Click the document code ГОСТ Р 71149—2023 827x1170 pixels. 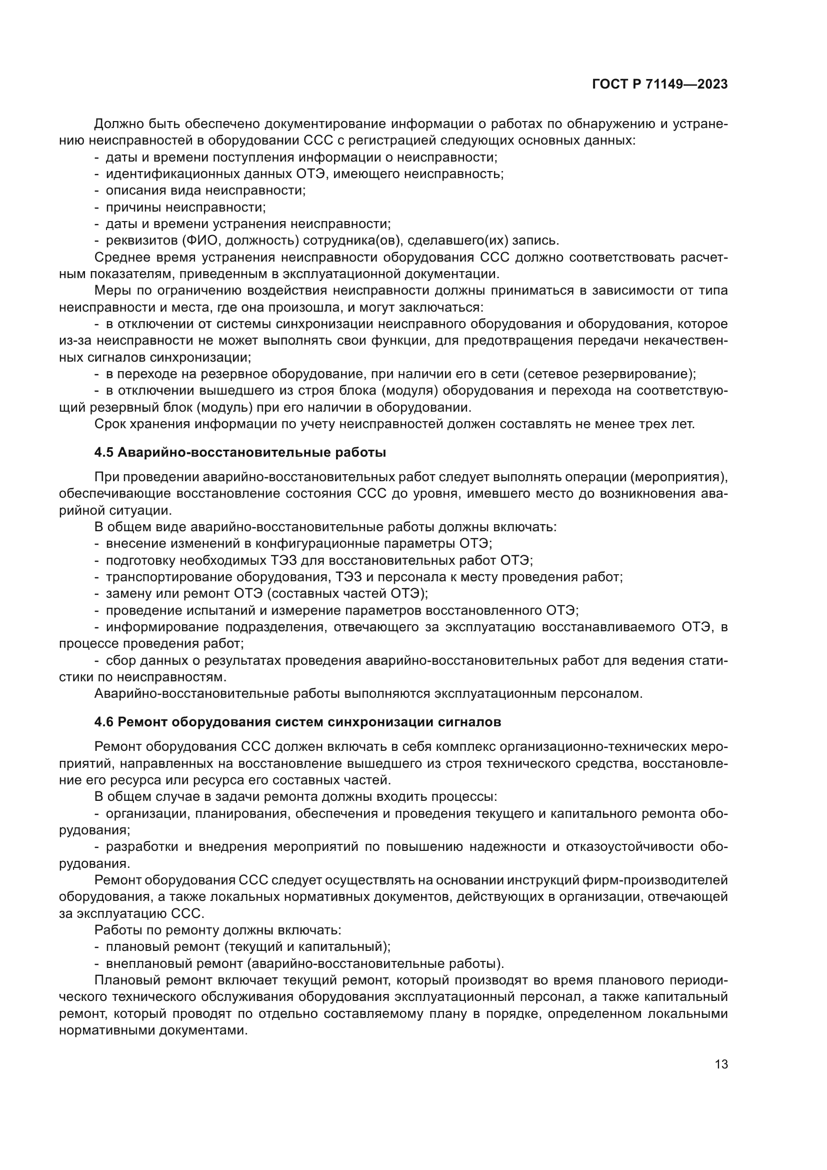pyautogui.click(x=660, y=85)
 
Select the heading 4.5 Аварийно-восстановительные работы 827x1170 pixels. pyautogui.click(x=240, y=453)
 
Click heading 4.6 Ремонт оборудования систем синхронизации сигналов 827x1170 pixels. pyautogui.click(x=297, y=722)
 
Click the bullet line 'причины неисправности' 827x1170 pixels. pyautogui.click(x=186, y=208)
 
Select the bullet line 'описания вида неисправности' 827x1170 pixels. pyautogui.click(x=205, y=191)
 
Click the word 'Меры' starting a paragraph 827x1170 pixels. pyautogui.click(x=111, y=291)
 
